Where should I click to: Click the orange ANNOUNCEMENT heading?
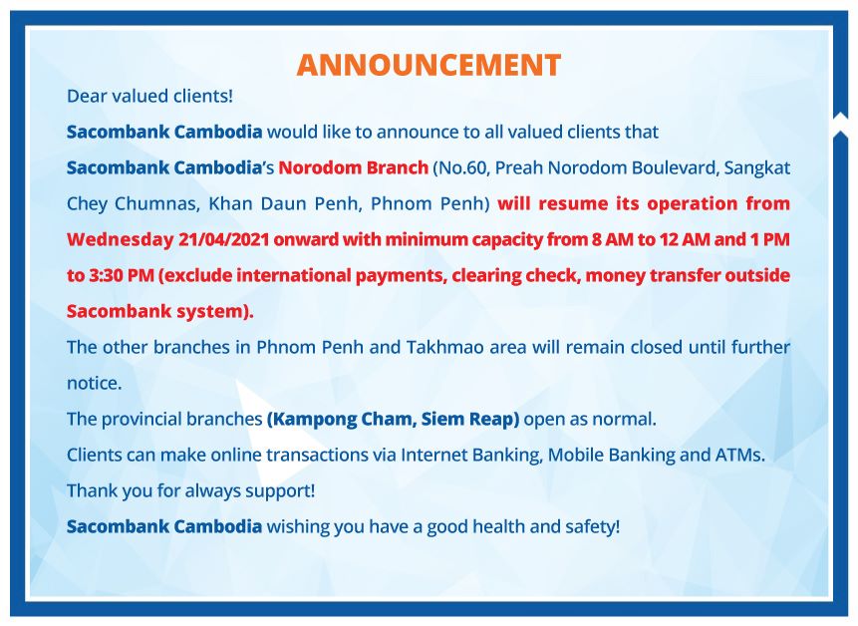pos(429,65)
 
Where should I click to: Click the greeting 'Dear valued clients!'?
pos(149,97)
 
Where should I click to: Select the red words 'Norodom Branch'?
pos(354,167)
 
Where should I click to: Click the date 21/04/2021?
pos(223,239)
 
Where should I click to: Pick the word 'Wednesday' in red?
pos(120,239)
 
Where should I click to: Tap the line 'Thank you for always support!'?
pos(191,490)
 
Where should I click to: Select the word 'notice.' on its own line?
pos(94,383)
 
